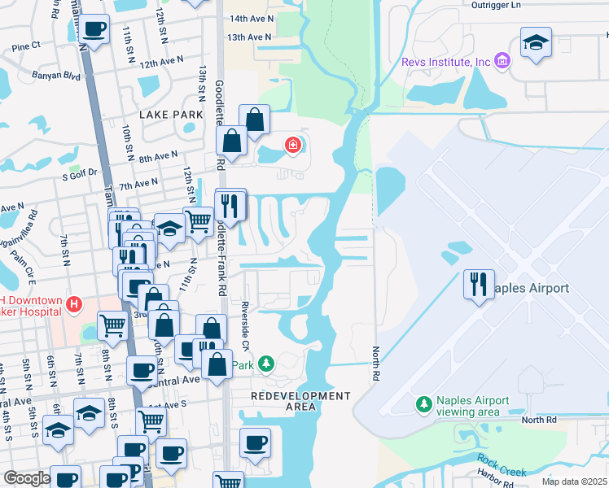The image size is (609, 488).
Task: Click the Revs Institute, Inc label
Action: pos(446,63)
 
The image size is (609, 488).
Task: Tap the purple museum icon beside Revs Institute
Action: pos(502,62)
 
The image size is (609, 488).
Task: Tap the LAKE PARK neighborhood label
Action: pos(171,115)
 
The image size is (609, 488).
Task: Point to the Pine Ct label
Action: pos(26,47)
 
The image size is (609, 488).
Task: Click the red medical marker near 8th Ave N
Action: pos(291,146)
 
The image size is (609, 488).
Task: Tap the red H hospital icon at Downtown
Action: pos(74,306)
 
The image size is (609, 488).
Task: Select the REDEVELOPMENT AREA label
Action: pos(300,401)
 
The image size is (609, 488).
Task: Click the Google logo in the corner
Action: pos(27,478)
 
